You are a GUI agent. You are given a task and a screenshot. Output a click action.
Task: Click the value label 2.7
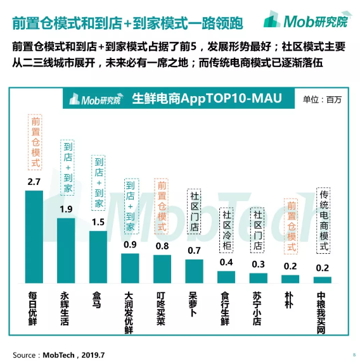pos(34,182)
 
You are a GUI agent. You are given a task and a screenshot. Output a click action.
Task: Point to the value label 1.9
pos(66,210)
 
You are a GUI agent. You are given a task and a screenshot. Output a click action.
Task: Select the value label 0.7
pos(195,251)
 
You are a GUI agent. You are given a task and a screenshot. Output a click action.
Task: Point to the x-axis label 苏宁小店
pos(259,307)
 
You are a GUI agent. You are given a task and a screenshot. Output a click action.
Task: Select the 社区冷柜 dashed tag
pos(227,230)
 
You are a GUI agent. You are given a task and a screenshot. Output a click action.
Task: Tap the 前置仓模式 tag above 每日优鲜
pos(35,142)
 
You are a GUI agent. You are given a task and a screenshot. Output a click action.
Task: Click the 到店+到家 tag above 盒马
pos(98,183)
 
